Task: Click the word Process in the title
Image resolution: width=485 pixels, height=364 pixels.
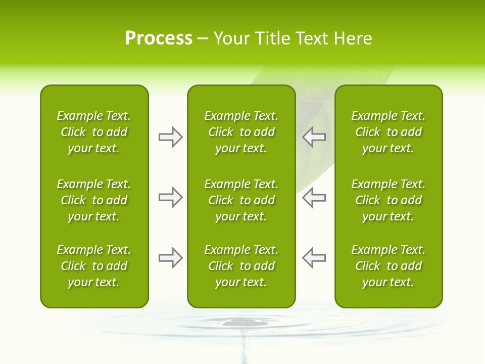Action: tap(159, 38)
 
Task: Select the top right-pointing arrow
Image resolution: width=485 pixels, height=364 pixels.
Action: tap(170, 137)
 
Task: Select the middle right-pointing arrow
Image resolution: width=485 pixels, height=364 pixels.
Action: tap(170, 197)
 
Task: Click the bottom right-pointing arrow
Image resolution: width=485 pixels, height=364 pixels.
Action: tap(170, 258)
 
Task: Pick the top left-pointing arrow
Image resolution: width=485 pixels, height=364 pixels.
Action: tap(314, 137)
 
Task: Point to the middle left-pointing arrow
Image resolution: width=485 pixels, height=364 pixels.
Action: tap(314, 197)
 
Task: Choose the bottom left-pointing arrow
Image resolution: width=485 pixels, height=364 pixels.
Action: tap(314, 258)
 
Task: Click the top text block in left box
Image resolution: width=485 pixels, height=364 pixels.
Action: tap(94, 132)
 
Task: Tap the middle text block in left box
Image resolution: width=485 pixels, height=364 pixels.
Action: tap(94, 200)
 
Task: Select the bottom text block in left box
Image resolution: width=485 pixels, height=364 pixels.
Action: tap(94, 266)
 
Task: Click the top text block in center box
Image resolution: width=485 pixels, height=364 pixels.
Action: tap(241, 132)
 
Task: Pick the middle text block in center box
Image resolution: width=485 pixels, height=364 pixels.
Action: tap(241, 200)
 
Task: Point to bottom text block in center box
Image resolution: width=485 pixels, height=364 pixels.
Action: tap(241, 266)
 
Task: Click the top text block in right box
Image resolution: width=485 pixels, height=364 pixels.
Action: tap(389, 132)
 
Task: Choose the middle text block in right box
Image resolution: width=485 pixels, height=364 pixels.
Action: tap(389, 200)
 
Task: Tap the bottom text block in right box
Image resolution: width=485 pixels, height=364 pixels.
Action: tap(389, 266)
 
